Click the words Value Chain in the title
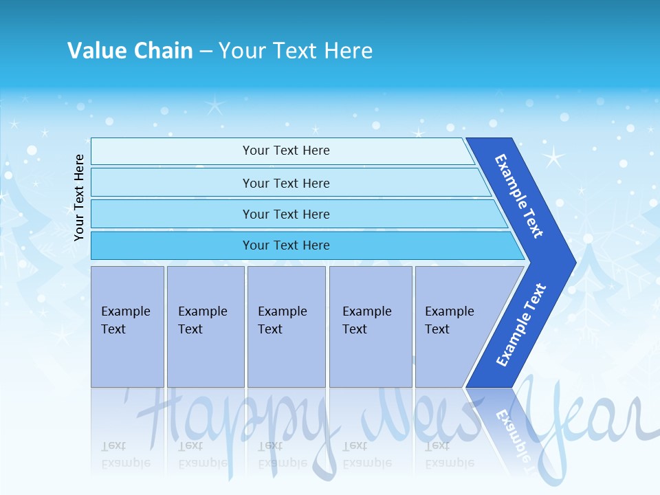[x=130, y=50]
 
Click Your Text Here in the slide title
[x=296, y=50]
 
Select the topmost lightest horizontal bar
[x=282, y=151]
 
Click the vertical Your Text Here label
[x=79, y=198]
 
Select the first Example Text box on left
[x=127, y=326]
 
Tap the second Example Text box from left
[x=205, y=326]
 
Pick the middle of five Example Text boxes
[x=286, y=326]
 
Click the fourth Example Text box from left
[x=371, y=326]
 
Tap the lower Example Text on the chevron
[x=520, y=325]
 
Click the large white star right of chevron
[x=553, y=157]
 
